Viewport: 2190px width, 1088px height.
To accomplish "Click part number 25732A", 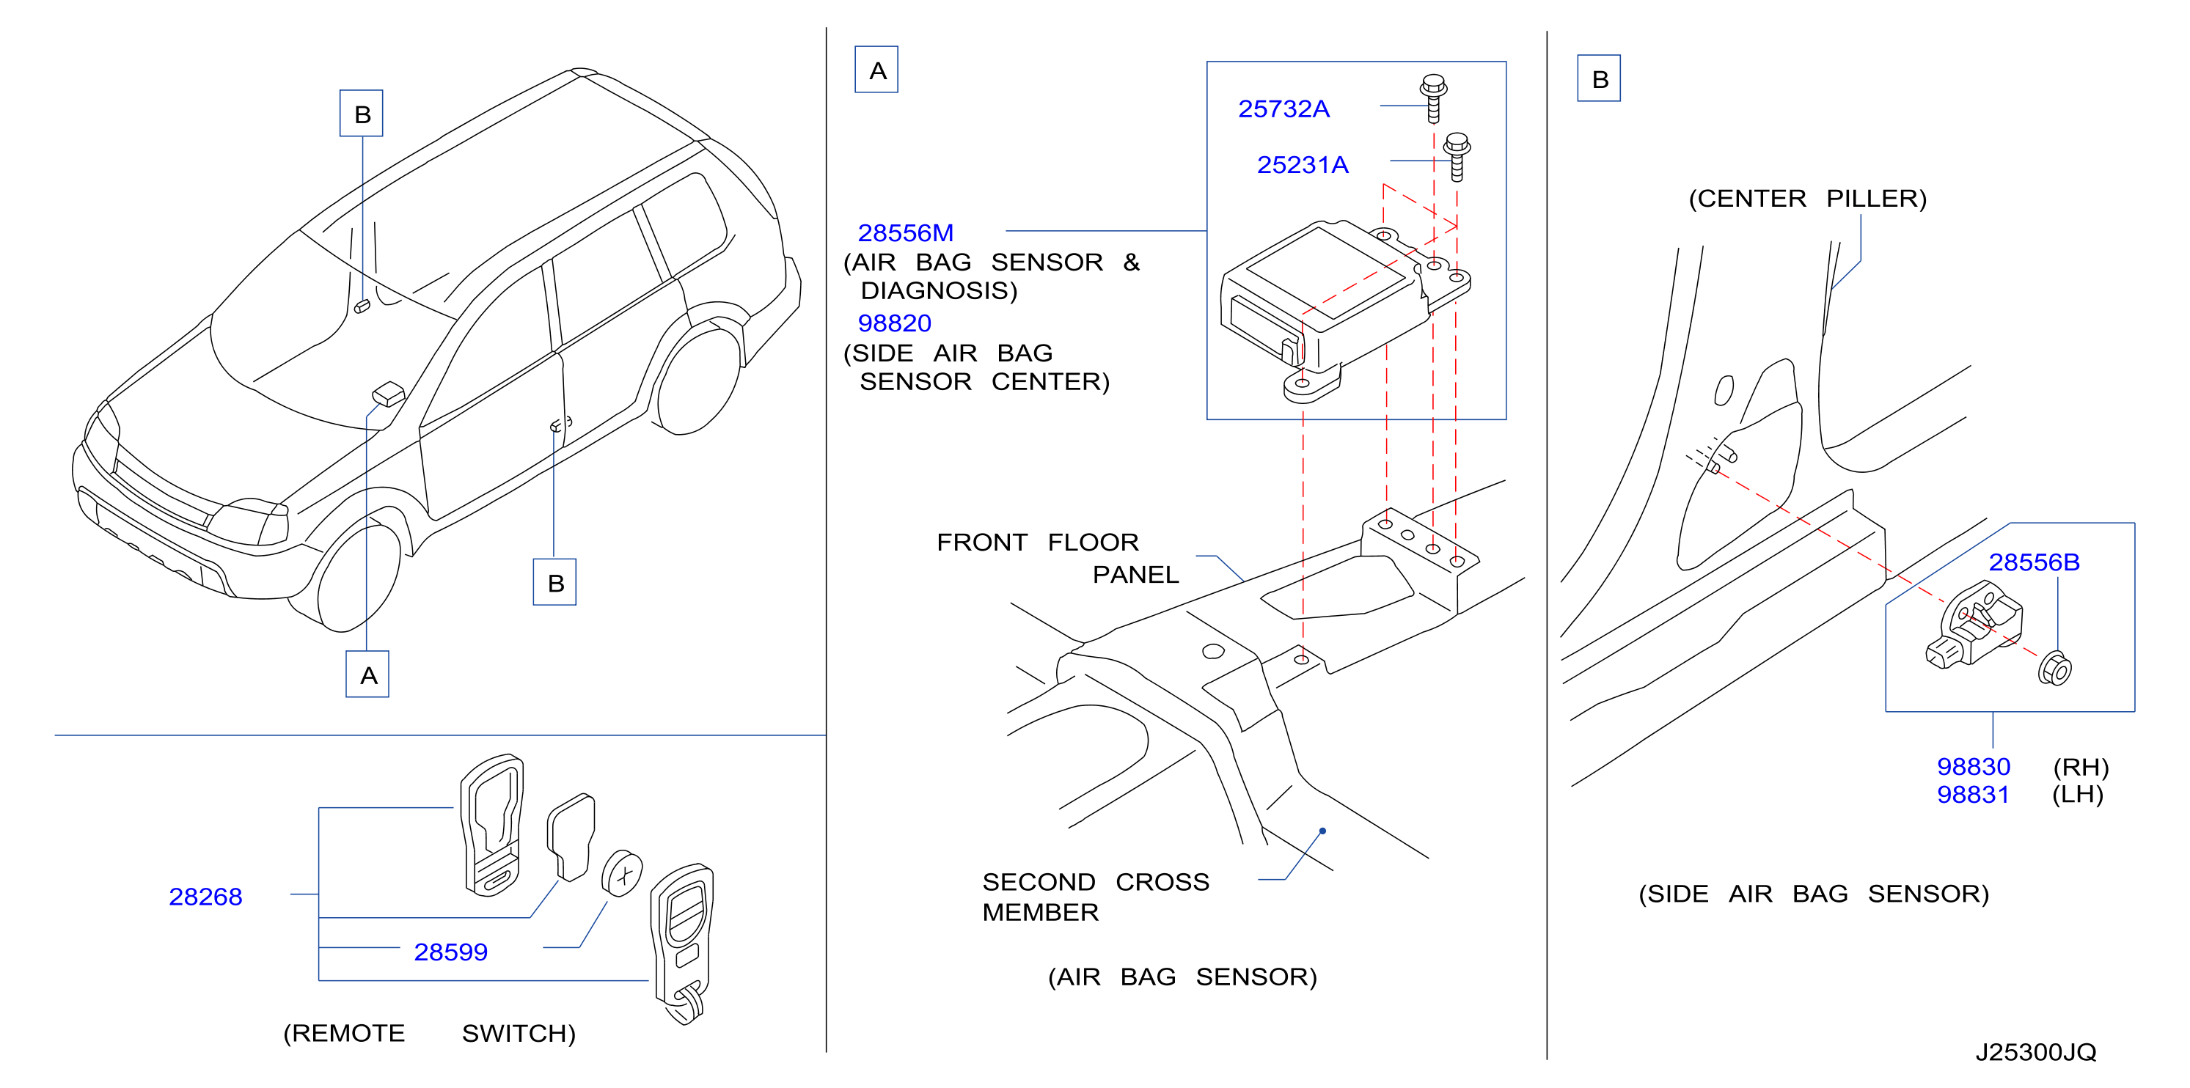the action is [1283, 109].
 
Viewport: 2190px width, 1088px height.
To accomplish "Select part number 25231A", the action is [1303, 165].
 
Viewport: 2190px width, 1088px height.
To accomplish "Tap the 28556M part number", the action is [906, 233].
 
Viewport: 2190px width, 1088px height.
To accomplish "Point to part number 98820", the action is [894, 323].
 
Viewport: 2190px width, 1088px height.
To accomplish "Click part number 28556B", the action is [2034, 562].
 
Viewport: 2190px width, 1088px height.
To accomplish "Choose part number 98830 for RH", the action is [1973, 767].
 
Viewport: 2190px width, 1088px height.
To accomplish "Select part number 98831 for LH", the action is [1973, 795].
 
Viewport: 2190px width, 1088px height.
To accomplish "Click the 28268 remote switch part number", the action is [206, 897].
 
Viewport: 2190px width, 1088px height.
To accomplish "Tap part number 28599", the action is [450, 952].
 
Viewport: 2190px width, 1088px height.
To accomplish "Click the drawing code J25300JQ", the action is [2035, 1052].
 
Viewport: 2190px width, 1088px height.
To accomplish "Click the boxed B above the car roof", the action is [362, 113].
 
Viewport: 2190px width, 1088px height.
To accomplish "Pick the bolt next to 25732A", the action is [1433, 98].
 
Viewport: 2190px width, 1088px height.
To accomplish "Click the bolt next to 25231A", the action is [1457, 156].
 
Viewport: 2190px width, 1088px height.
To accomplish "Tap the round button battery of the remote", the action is [623, 873].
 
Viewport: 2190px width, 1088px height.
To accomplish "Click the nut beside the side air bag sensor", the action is [2055, 668].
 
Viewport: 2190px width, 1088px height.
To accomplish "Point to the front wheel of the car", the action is [358, 578].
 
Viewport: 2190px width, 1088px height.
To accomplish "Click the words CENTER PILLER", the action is [1807, 199].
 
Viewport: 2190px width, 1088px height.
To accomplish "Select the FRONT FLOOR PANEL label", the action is [1058, 559].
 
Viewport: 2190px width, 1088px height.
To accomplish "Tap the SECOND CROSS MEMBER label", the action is [1096, 897].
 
